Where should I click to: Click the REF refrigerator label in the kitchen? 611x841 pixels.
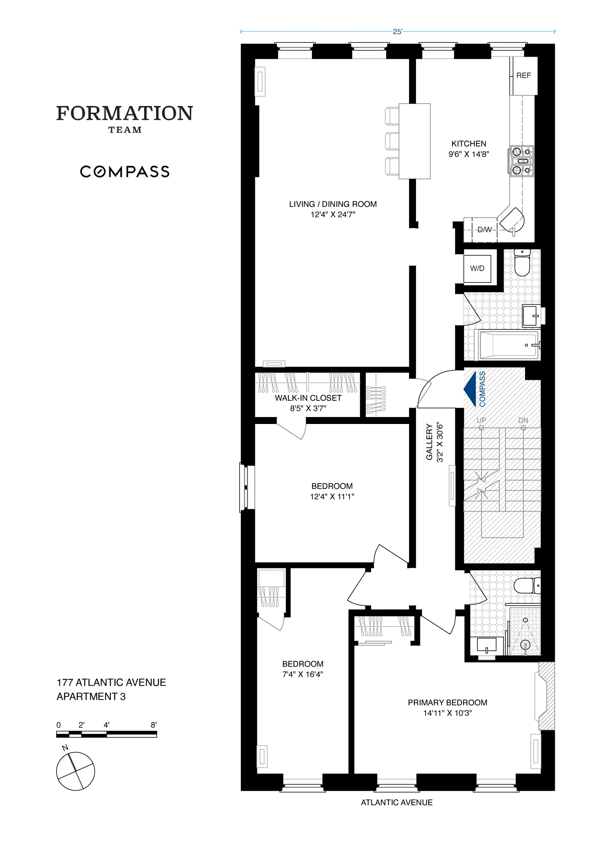coord(523,75)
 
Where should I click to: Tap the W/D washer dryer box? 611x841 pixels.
coord(477,269)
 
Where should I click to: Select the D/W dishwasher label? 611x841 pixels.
coord(484,230)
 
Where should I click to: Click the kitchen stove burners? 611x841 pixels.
coord(521,161)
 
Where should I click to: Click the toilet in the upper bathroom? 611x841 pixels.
coord(522,263)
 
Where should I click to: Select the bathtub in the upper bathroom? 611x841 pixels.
coord(509,345)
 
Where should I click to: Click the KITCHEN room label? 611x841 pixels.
coord(468,144)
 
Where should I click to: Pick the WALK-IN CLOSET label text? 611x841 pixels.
coord(308,398)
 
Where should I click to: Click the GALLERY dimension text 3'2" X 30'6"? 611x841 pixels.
coord(440,442)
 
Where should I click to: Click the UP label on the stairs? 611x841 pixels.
coord(481,420)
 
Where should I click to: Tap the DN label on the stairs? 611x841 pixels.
coord(523,420)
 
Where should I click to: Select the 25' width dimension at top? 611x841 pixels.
coord(397,32)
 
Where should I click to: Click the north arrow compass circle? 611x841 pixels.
coord(75,771)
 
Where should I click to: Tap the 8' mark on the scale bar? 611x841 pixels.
coord(154,725)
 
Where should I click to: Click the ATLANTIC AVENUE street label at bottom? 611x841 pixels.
coord(396,803)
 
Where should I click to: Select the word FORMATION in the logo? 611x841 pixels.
coord(124,113)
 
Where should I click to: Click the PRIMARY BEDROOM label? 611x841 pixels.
coord(447,702)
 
